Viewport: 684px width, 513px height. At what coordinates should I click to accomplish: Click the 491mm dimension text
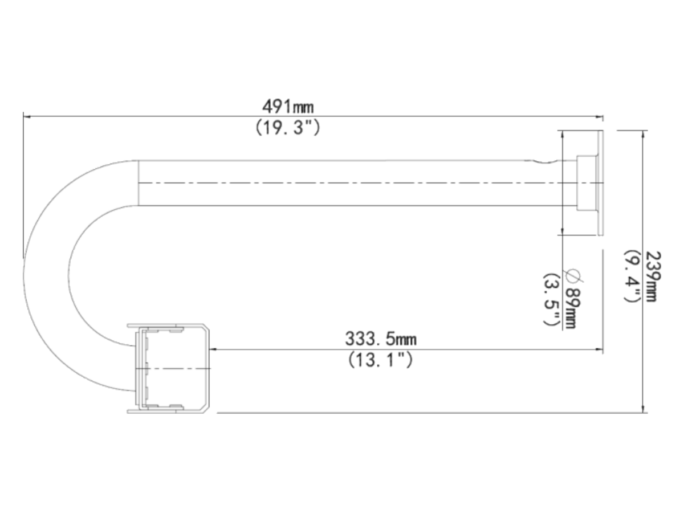click(x=288, y=107)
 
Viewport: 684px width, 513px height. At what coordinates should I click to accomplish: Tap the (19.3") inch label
click(x=288, y=128)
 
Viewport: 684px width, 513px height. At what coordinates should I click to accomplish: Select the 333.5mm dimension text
click(x=381, y=339)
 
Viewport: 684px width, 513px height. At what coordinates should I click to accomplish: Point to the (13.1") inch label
click(x=381, y=360)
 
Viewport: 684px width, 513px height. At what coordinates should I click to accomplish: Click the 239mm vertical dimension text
click(x=653, y=276)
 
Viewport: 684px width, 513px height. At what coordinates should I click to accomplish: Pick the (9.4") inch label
click(x=632, y=276)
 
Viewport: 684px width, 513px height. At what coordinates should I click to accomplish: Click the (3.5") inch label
click(x=551, y=300)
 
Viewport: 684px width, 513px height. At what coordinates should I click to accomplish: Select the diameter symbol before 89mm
click(x=575, y=276)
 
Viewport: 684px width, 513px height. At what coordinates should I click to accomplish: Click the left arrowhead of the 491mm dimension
click(x=27, y=117)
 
